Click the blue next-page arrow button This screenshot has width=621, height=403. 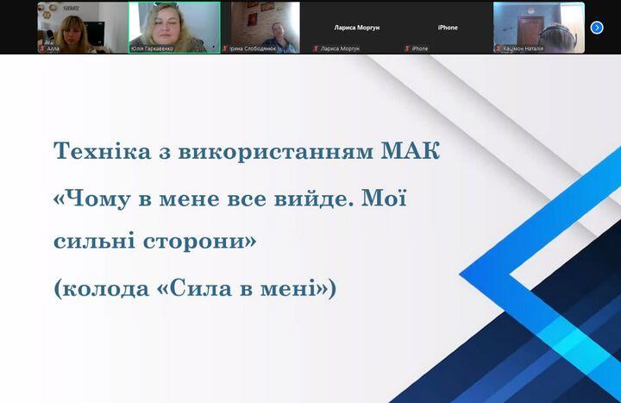pyautogui.click(x=597, y=28)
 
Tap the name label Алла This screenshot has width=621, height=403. pyautogui.click(x=53, y=48)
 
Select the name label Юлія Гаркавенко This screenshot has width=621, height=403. pyautogui.click(x=152, y=48)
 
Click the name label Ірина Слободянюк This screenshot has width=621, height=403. pyautogui.click(x=253, y=48)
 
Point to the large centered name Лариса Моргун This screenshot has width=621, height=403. pyautogui.click(x=357, y=28)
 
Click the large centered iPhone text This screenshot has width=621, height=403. pyautogui.click(x=448, y=28)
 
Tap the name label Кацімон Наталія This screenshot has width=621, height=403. pyautogui.click(x=524, y=48)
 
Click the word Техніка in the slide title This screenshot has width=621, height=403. pyautogui.click(x=102, y=151)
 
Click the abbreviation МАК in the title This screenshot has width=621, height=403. pyautogui.click(x=411, y=151)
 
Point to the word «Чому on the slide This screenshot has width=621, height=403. pyautogui.click(x=92, y=198)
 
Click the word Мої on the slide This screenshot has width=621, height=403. pyautogui.click(x=384, y=198)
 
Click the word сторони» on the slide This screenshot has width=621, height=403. pyautogui.click(x=199, y=241)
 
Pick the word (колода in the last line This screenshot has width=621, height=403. pyautogui.click(x=102, y=288)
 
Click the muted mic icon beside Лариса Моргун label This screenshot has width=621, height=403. pyautogui.click(x=316, y=48)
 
